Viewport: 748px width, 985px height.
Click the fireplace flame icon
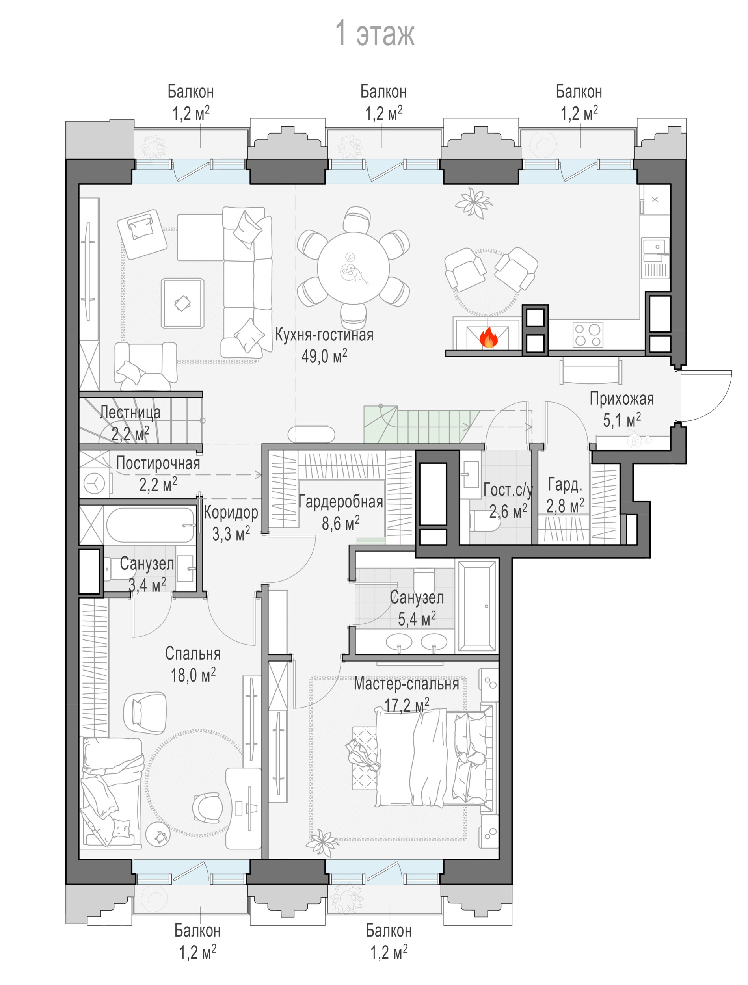pyautogui.click(x=489, y=338)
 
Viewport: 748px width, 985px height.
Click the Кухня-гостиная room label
pyautogui.click(x=324, y=335)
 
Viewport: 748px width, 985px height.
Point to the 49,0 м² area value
pyautogui.click(x=324, y=356)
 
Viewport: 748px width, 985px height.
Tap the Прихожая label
pyautogui.click(x=621, y=399)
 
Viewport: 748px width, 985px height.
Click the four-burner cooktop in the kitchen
pyautogui.click(x=588, y=335)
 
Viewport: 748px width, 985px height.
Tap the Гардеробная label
pyautogui.click(x=341, y=502)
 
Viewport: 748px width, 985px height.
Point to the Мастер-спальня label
pyautogui.click(x=406, y=684)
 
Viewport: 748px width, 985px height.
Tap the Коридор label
pyautogui.click(x=231, y=513)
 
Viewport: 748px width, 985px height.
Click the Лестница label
pyautogui.click(x=130, y=413)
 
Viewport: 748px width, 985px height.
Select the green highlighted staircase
pyautogui.click(x=421, y=424)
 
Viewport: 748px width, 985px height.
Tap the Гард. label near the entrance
pyautogui.click(x=565, y=485)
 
